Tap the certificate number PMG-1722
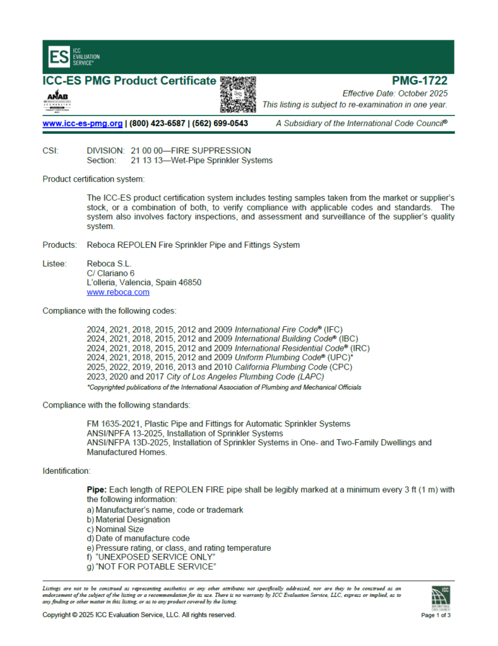coord(420,81)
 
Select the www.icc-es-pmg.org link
coord(83,124)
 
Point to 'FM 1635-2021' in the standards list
coord(114,423)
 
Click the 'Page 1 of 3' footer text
coord(436,615)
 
